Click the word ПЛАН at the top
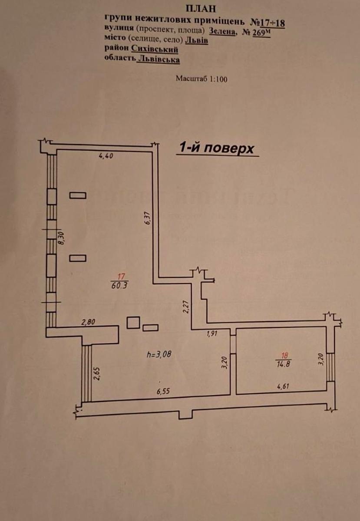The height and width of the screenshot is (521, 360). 201,9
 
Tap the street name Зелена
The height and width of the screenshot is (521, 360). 222,31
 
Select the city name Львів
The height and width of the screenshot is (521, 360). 197,40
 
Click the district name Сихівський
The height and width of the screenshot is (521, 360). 155,49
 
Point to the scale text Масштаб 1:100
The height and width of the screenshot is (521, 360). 201,79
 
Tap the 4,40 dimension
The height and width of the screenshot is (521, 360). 106,155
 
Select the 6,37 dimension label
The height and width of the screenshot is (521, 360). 148,218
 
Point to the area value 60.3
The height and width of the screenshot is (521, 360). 119,285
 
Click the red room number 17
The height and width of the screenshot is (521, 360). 121,277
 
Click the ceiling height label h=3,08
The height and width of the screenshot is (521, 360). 159,354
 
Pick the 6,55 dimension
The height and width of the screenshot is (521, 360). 163,392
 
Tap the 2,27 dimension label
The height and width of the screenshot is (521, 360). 186,307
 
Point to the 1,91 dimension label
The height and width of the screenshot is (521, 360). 211,333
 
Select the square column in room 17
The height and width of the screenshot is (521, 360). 133,323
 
